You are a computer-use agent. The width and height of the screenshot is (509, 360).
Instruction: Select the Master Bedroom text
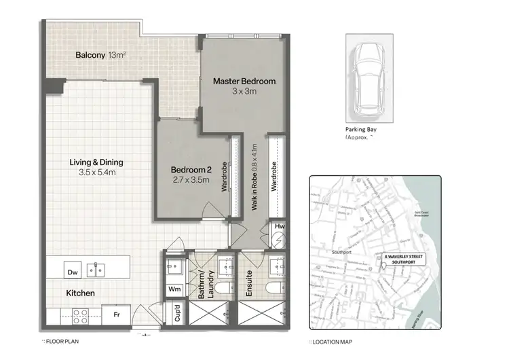click(x=244, y=81)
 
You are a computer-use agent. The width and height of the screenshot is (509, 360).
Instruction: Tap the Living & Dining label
click(x=98, y=162)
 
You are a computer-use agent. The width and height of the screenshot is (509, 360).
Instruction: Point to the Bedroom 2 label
click(x=190, y=169)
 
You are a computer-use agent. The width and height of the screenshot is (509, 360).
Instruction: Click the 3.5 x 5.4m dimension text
click(x=98, y=173)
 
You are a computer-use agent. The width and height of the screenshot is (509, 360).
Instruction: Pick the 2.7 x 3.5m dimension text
click(x=190, y=180)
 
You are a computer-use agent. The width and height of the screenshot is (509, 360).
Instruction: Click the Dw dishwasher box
click(x=73, y=271)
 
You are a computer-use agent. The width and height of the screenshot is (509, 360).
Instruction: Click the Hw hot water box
click(x=279, y=227)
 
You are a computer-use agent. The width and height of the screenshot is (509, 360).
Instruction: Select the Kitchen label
click(x=80, y=293)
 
